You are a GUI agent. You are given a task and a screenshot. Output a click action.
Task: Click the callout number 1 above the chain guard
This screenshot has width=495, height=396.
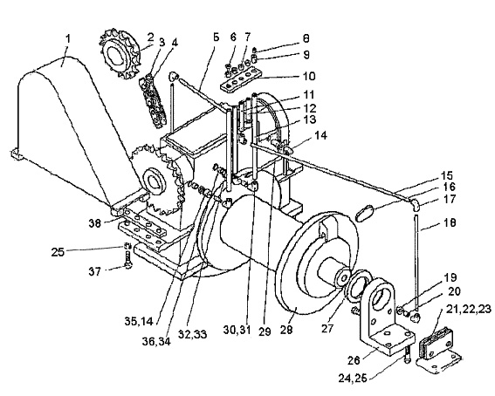point(68,39)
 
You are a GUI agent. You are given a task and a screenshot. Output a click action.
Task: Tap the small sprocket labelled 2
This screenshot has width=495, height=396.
point(120,53)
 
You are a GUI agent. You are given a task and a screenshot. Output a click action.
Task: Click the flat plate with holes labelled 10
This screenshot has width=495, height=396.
point(241,79)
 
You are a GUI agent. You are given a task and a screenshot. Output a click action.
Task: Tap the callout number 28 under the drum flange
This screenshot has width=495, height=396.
point(286,329)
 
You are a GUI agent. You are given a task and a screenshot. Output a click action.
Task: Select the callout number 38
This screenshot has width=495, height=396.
point(94,223)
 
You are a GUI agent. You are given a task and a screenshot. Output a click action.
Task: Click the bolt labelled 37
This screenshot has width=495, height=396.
point(128,259)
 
